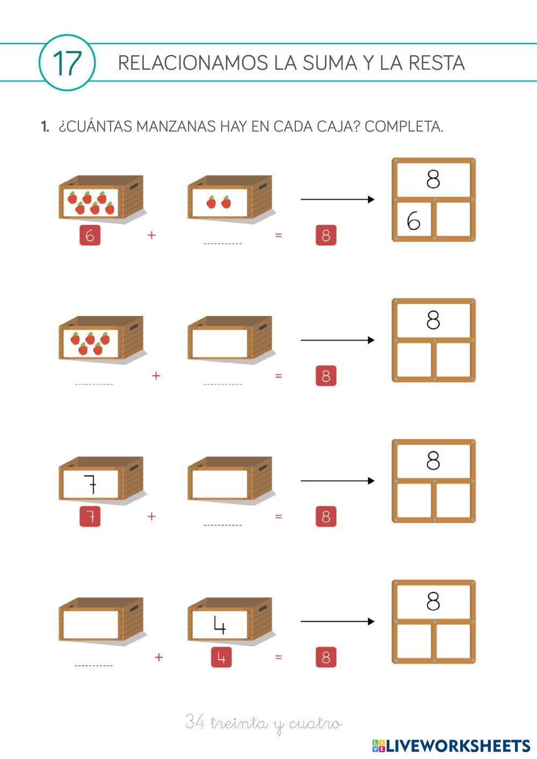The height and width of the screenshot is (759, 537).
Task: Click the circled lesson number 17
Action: click(67, 63)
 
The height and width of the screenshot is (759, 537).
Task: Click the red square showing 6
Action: click(90, 236)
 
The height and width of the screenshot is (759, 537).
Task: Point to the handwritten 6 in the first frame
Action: click(413, 220)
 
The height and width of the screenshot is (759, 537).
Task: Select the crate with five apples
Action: click(100, 339)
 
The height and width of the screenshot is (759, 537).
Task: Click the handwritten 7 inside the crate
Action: click(91, 484)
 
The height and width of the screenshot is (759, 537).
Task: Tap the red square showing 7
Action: click(90, 517)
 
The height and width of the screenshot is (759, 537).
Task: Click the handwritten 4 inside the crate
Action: click(219, 624)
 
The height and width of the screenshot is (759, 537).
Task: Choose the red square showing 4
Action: click(221, 658)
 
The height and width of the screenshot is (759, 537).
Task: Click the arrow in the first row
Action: click(337, 200)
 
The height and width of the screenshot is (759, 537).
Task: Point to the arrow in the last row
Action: click(337, 622)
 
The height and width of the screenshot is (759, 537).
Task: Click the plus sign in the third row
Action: click(151, 516)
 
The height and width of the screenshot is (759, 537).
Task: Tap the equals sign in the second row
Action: click(278, 376)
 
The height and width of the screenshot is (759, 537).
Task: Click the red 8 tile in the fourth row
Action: click(326, 658)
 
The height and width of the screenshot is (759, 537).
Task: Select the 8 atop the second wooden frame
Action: click(433, 320)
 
